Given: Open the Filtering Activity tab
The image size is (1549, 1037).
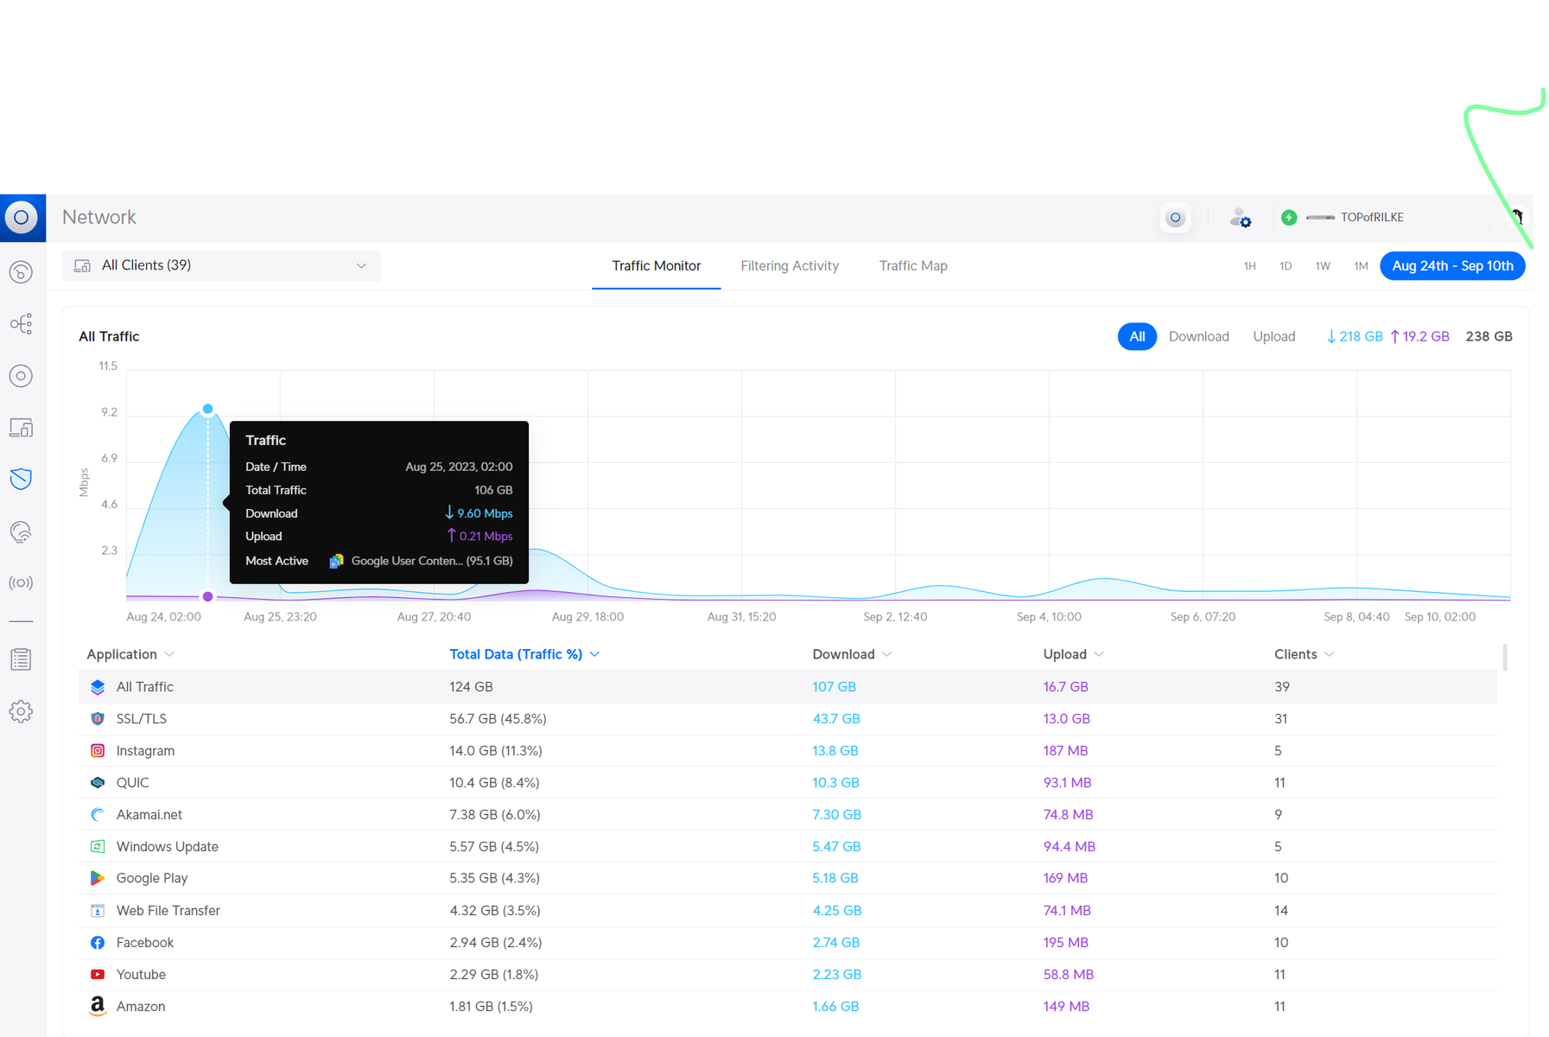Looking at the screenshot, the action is tap(790, 266).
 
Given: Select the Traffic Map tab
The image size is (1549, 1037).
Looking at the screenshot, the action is tap(913, 266).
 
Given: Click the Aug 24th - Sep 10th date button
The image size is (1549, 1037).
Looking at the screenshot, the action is tap(1452, 266).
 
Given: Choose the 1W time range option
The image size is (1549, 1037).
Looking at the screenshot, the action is tap(1323, 266).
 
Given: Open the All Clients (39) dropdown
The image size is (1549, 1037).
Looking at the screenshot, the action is tap(221, 265).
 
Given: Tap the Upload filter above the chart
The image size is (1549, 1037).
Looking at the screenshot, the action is tap(1274, 337).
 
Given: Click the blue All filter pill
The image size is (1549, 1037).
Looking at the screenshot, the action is tap(1137, 337).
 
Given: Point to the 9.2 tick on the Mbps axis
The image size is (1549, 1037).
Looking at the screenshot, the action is tap(109, 412).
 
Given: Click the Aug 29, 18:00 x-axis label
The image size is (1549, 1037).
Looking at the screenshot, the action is tap(587, 617).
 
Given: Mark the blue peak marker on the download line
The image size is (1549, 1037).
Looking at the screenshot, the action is tap(208, 409).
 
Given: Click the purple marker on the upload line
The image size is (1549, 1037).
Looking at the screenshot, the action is tap(208, 596).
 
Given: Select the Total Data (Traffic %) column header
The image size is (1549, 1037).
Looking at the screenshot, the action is tap(516, 654).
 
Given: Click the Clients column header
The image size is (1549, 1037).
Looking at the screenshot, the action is tap(1296, 654).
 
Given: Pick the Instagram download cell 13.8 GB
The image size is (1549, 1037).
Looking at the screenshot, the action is tap(835, 751).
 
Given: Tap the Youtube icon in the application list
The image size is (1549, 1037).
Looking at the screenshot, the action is tap(98, 975).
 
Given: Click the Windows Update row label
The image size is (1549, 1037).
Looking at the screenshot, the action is tap(168, 847).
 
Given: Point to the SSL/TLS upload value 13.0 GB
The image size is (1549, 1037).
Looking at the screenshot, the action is tap(1067, 719).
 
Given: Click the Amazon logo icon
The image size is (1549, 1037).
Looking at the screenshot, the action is tap(98, 1006).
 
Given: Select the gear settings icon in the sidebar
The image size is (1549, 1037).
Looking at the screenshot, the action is tap(21, 711).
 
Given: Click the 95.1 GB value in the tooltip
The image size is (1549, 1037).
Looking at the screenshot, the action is tap(490, 561).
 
